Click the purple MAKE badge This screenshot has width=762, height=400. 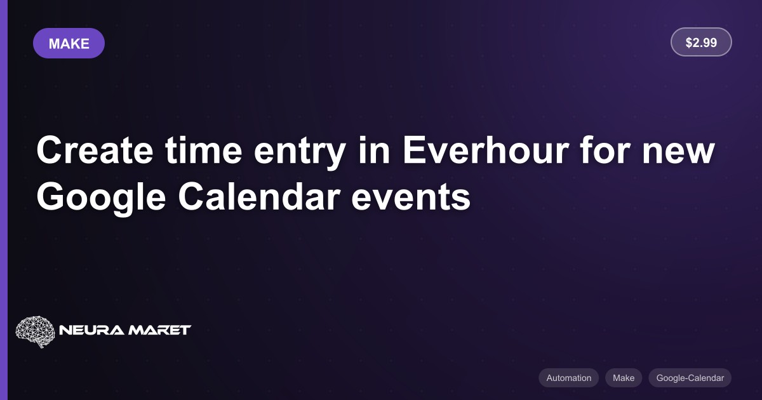pos(69,43)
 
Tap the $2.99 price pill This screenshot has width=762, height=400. pos(701,42)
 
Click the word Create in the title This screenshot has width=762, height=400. pos(95,150)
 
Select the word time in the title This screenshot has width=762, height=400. pos(203,150)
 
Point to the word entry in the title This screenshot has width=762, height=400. pos(300,152)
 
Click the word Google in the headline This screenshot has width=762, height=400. pos(101,197)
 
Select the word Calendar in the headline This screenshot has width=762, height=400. pos(259,197)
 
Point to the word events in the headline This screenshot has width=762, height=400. pos(411,199)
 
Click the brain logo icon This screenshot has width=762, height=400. pos(35,331)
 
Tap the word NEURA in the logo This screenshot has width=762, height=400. pos(92,330)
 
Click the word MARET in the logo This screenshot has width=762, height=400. pos(159,330)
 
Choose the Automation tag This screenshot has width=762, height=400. pos(568,378)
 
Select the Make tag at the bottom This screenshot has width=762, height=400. pos(624,378)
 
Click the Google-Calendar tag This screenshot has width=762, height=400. pos(690,378)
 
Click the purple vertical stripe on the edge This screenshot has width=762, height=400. pos(4,200)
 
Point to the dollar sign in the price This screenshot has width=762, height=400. pos(689,43)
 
